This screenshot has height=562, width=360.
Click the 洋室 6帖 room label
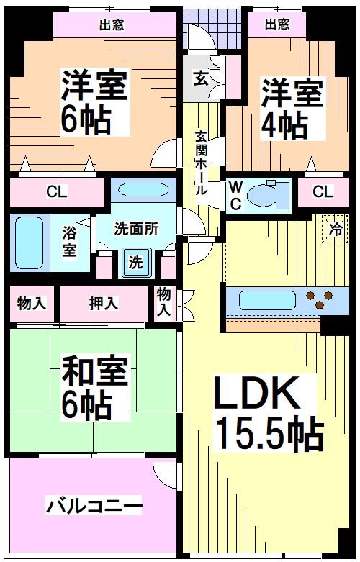tap(94, 102)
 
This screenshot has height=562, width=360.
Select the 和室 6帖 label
tap(95, 389)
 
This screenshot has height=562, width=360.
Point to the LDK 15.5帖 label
tap(266, 413)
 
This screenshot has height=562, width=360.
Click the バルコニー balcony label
tap(94, 504)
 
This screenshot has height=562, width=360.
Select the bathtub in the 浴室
tap(29, 240)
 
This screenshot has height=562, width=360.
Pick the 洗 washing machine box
tap(135, 263)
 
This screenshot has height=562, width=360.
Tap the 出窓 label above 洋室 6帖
tap(111, 25)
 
